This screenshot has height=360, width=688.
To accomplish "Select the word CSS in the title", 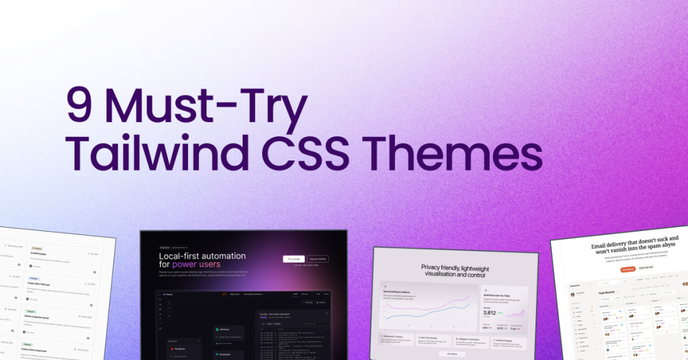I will (x=314, y=153).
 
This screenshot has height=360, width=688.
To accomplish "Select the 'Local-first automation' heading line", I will (x=202, y=256).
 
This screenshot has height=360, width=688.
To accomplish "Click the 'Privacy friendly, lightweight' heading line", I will (x=454, y=267).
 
